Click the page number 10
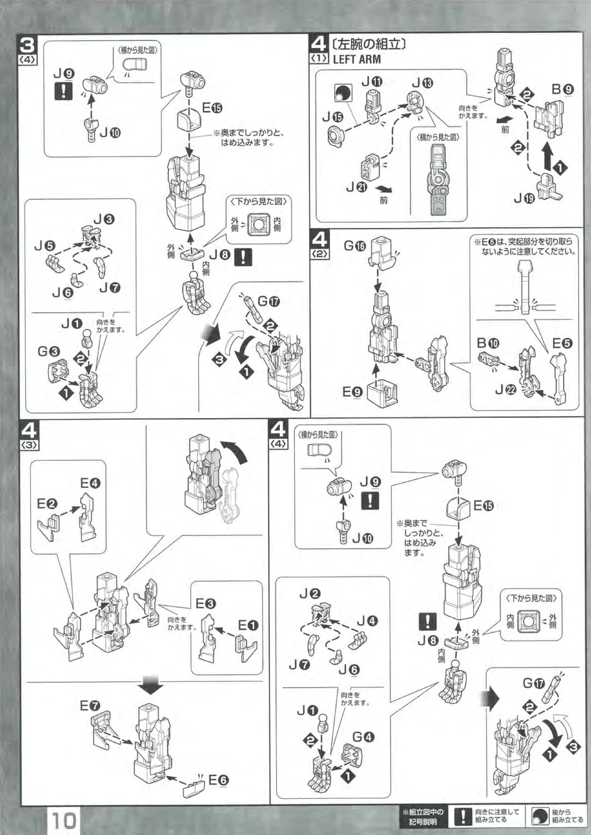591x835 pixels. point(65,821)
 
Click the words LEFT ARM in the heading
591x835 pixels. point(357,60)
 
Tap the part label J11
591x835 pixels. point(372,82)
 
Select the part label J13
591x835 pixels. point(422,83)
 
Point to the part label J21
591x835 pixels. point(357,187)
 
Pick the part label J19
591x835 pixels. point(524,198)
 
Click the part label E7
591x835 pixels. point(90,706)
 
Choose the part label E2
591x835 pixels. point(47,504)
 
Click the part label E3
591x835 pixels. point(205,603)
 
